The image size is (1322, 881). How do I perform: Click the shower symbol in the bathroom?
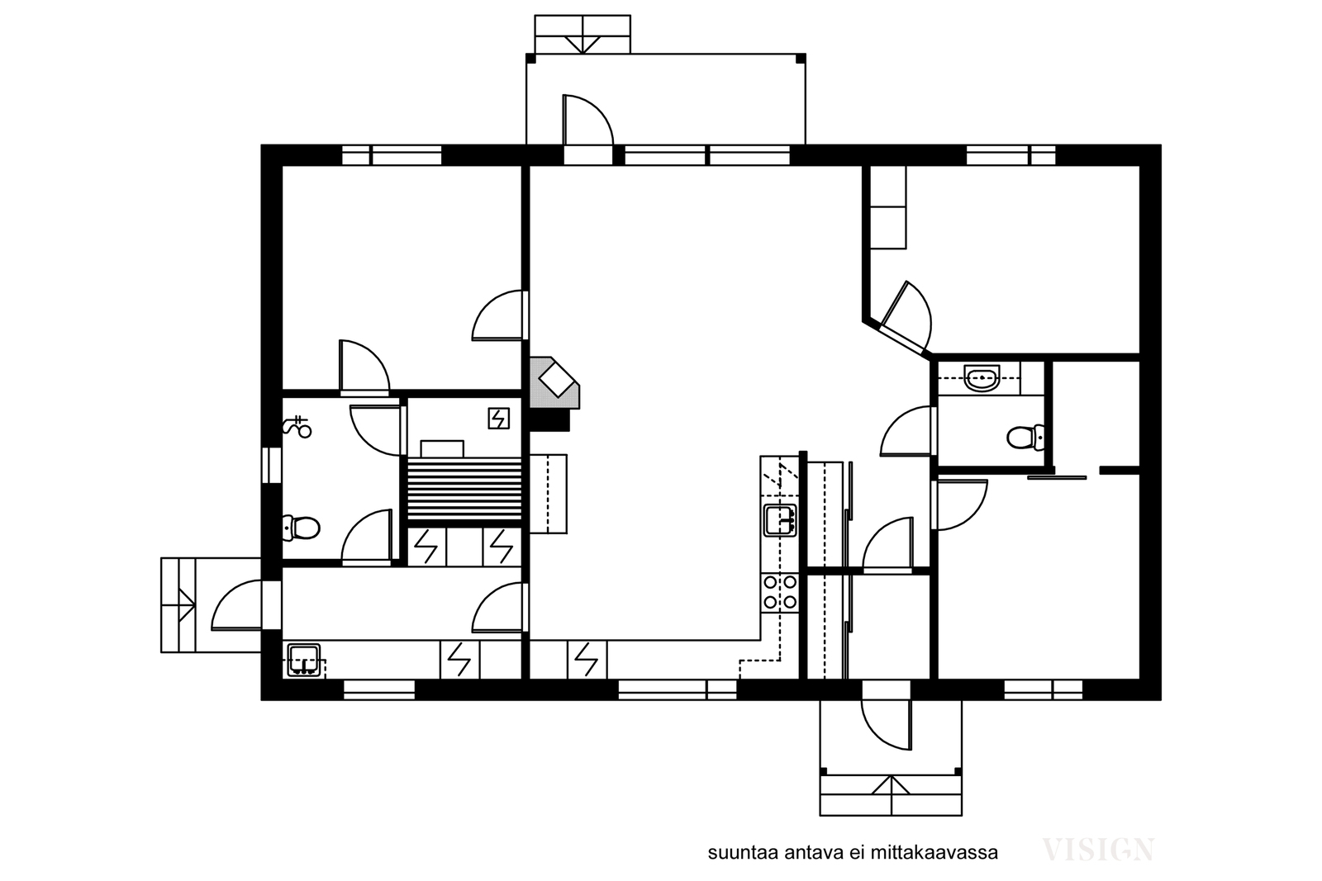(x=297, y=426)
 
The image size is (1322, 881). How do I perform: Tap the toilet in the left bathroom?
(x=301, y=528)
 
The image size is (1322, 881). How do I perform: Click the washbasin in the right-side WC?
(x=982, y=377)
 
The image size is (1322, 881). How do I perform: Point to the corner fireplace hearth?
(x=554, y=382)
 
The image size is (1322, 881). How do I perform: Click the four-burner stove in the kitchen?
(x=780, y=593)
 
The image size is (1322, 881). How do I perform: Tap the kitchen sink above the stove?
(x=780, y=520)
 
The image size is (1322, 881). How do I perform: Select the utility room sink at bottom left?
(x=304, y=660)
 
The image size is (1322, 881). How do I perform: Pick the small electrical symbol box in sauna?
(x=499, y=419)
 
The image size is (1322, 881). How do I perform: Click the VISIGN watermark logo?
(x=1098, y=850)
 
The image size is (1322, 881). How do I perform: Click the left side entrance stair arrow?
(x=187, y=604)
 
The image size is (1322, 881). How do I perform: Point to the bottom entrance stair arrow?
(x=892, y=786)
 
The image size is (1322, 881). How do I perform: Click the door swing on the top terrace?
(x=587, y=120)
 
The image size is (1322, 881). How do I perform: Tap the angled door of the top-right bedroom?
(x=905, y=316)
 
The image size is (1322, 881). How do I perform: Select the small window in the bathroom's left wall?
(x=272, y=465)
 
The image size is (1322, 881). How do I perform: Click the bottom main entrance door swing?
(x=887, y=724)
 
